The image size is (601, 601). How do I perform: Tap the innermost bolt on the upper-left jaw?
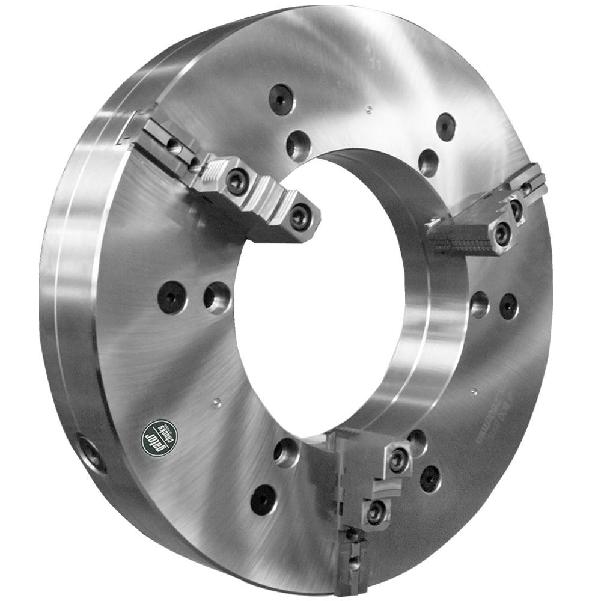300,217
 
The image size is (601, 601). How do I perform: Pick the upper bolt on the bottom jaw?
398,460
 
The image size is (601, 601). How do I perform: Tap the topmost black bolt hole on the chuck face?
281,98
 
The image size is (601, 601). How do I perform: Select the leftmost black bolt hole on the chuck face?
172,297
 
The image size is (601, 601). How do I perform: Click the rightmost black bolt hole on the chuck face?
508,307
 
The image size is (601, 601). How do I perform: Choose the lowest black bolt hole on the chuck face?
263,499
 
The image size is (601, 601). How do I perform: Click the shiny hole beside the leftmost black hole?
217,297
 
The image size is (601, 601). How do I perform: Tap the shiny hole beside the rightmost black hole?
479,305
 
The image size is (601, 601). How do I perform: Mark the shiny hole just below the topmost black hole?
298,145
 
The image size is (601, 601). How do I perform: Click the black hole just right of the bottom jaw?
430,478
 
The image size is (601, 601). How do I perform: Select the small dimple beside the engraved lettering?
474,392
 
